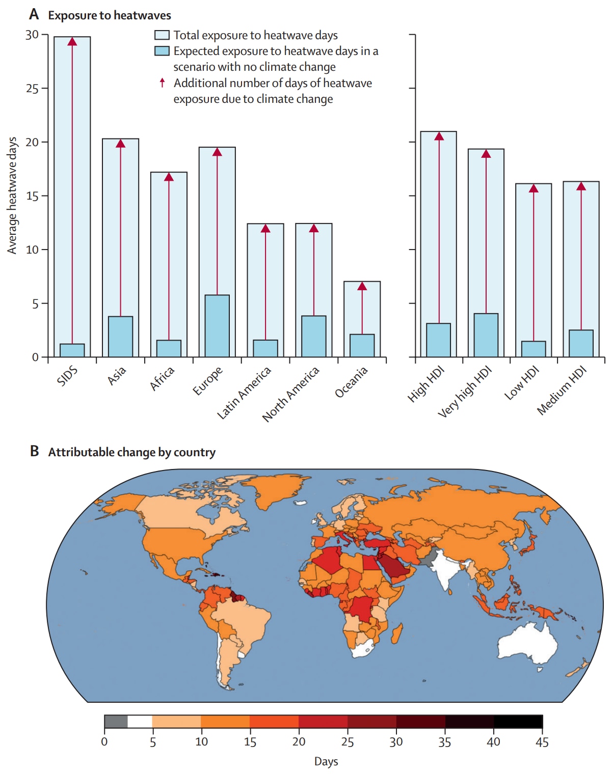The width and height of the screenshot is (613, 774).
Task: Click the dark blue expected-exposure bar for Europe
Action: pos(217,326)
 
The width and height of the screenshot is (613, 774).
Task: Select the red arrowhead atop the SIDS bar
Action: pos(72,41)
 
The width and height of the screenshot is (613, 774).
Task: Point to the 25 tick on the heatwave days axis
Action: pos(32,89)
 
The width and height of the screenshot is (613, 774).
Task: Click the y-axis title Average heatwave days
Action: pos(12,196)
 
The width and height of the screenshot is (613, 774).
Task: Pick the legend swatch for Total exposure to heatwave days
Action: pos(162,35)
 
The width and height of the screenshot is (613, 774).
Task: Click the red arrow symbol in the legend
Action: pos(162,82)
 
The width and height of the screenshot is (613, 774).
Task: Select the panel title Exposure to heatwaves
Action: pos(110,15)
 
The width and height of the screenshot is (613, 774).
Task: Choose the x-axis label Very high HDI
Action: pos(465,391)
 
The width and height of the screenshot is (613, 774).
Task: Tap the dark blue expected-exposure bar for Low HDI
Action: pos(534,349)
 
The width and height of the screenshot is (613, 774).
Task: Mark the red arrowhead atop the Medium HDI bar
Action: pos(581,186)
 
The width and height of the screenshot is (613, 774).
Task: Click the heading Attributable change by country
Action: pos(131,452)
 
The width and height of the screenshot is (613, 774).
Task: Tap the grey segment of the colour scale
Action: pos(116,722)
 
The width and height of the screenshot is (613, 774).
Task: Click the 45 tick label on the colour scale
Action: pos(542,742)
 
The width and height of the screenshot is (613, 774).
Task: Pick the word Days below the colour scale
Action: pos(326,761)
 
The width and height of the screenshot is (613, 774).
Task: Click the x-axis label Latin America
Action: pos(244,393)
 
